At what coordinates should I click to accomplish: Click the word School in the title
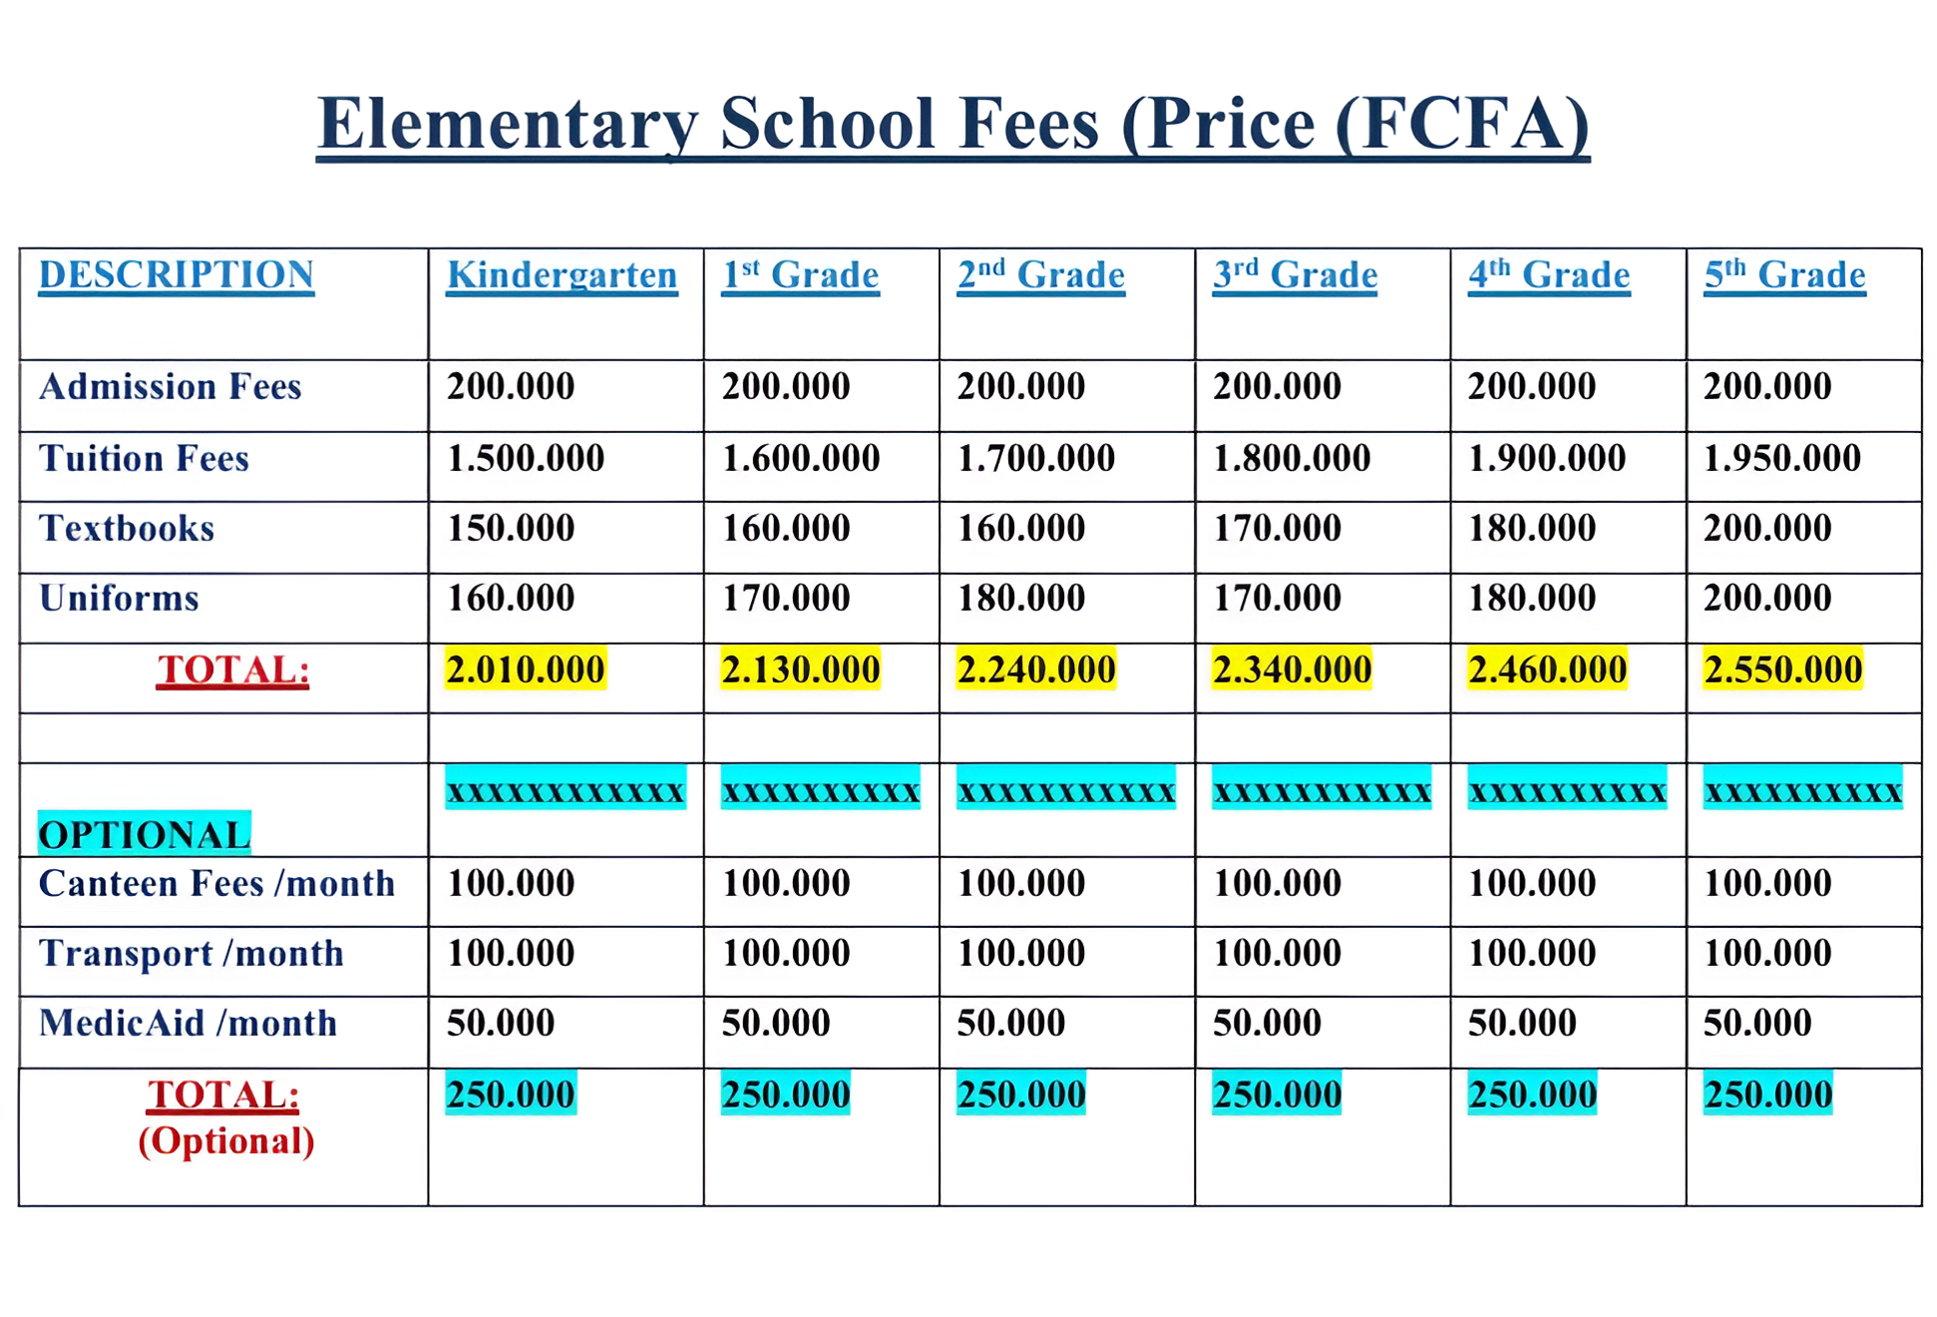click(x=827, y=124)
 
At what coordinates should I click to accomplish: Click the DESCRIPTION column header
click(x=177, y=274)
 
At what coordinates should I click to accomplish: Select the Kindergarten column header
click(x=562, y=274)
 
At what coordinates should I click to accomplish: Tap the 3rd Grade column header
click(x=1295, y=274)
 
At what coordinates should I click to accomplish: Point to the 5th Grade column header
click(x=1784, y=274)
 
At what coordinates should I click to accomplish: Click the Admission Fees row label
click(x=170, y=386)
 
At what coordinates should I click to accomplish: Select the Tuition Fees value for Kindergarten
click(x=526, y=458)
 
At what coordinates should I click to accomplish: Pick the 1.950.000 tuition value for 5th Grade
click(x=1781, y=458)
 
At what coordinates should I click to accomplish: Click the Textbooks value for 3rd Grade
click(x=1277, y=528)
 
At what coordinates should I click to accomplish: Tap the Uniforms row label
click(x=119, y=598)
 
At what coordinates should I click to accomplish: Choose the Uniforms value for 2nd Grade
click(x=1021, y=598)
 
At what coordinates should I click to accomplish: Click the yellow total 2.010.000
click(x=526, y=668)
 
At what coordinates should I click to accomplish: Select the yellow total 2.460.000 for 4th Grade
click(x=1547, y=668)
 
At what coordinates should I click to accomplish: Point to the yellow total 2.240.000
click(x=1036, y=668)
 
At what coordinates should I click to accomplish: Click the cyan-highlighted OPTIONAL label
click(x=144, y=834)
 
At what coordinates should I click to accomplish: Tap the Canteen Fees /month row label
click(x=216, y=883)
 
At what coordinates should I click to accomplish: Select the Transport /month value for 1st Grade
click(x=786, y=953)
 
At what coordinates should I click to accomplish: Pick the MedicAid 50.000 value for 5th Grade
click(x=1757, y=1023)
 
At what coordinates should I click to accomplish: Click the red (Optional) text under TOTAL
click(x=225, y=1140)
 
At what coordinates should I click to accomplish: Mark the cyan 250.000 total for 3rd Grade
click(x=1277, y=1095)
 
